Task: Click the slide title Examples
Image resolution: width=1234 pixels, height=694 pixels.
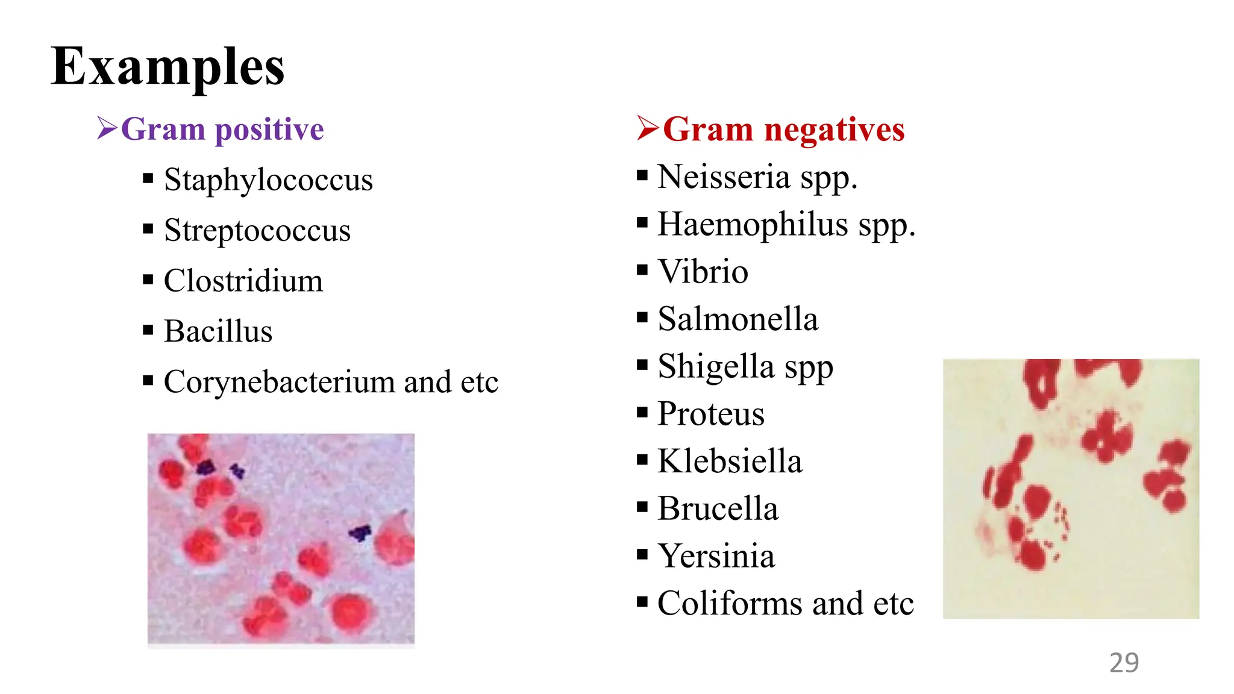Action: coord(168,67)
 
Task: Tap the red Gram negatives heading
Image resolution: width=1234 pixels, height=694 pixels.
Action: coord(783,129)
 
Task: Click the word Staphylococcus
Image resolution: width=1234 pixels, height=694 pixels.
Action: coord(268,180)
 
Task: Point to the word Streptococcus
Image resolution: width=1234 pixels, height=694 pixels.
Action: coord(257,230)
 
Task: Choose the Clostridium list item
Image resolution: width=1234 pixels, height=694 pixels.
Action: coord(243,281)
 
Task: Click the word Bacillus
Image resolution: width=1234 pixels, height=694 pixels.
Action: coord(218,331)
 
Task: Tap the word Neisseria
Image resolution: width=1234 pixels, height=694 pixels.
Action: coord(723,177)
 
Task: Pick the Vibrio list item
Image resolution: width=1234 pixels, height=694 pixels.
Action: coord(703,271)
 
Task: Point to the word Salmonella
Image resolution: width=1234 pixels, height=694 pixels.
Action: coord(738,319)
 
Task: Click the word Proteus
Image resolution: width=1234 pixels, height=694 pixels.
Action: coord(711,414)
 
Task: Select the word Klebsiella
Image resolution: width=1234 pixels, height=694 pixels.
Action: coord(730,461)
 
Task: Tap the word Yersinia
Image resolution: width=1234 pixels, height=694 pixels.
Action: coord(716,556)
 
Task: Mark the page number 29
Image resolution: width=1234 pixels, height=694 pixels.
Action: coord(1124,663)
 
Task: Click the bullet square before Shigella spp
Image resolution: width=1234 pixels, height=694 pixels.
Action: coord(642,364)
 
